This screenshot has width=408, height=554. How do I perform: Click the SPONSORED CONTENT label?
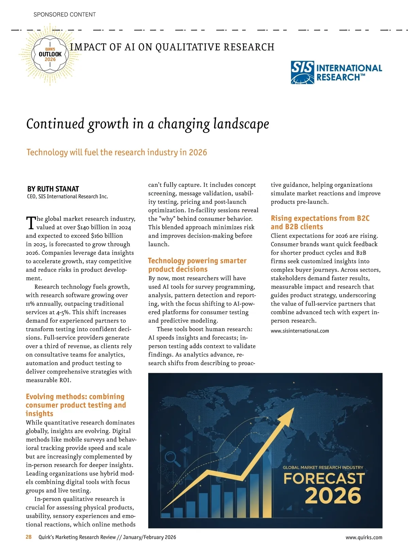(65, 15)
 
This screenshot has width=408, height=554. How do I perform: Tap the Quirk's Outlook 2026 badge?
(50, 54)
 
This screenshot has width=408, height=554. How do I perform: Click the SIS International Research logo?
(336, 72)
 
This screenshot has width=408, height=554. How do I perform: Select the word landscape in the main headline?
(241, 124)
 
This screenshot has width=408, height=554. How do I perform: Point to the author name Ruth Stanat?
(53, 189)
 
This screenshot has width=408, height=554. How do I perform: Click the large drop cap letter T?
(31, 222)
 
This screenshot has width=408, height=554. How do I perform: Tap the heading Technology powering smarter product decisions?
(197, 265)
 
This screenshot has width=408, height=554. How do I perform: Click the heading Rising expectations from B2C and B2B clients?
(320, 222)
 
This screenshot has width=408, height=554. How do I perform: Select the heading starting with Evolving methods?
(75, 405)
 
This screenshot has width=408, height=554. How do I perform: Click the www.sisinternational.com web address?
(300, 331)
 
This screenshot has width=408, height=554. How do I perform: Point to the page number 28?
(29, 537)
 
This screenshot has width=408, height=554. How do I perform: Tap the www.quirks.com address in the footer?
(364, 537)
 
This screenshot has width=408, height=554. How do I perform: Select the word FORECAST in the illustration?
(324, 479)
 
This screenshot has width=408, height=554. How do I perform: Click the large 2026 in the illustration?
(333, 496)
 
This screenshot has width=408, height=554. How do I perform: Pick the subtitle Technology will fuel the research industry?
(117, 152)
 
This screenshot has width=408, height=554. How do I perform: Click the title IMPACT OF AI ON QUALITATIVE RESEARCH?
(172, 47)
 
